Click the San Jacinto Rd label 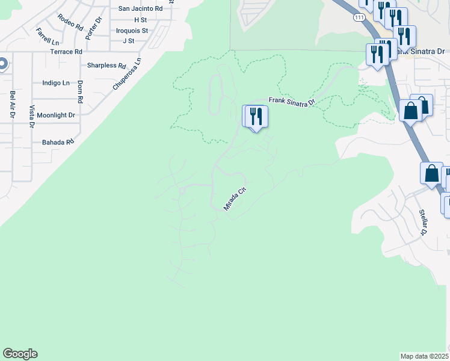tap(141, 9)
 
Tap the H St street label tap(141, 20)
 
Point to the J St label tap(128, 41)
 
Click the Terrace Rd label tap(66, 52)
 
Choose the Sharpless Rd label tap(106, 66)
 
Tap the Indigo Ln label tap(56, 83)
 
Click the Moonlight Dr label tap(56, 115)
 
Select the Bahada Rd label tap(58, 143)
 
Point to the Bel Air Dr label tap(12, 104)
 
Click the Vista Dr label tap(32, 116)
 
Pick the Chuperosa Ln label tap(127, 74)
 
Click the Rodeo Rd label tap(71, 22)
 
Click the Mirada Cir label tap(235, 198)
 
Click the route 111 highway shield tap(359, 18)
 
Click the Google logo tap(20, 354)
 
